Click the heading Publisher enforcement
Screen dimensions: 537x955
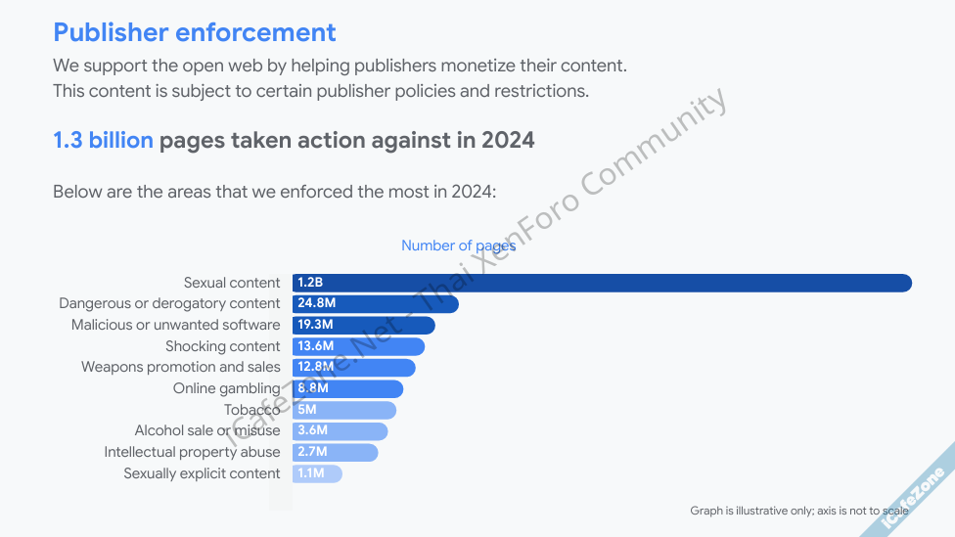point(194,32)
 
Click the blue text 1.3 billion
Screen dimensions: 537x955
point(103,140)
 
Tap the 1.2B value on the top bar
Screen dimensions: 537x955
point(310,283)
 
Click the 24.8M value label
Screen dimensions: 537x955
point(316,304)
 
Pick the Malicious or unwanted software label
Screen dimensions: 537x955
point(175,325)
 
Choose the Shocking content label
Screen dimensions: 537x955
point(222,346)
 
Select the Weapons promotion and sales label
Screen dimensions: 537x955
point(180,367)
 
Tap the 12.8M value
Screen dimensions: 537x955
point(316,368)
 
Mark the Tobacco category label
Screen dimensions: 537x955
point(251,410)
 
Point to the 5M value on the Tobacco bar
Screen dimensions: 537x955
point(307,410)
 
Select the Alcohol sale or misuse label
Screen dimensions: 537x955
point(207,430)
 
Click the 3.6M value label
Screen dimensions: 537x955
point(312,431)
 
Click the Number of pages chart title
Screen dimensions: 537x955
point(458,246)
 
